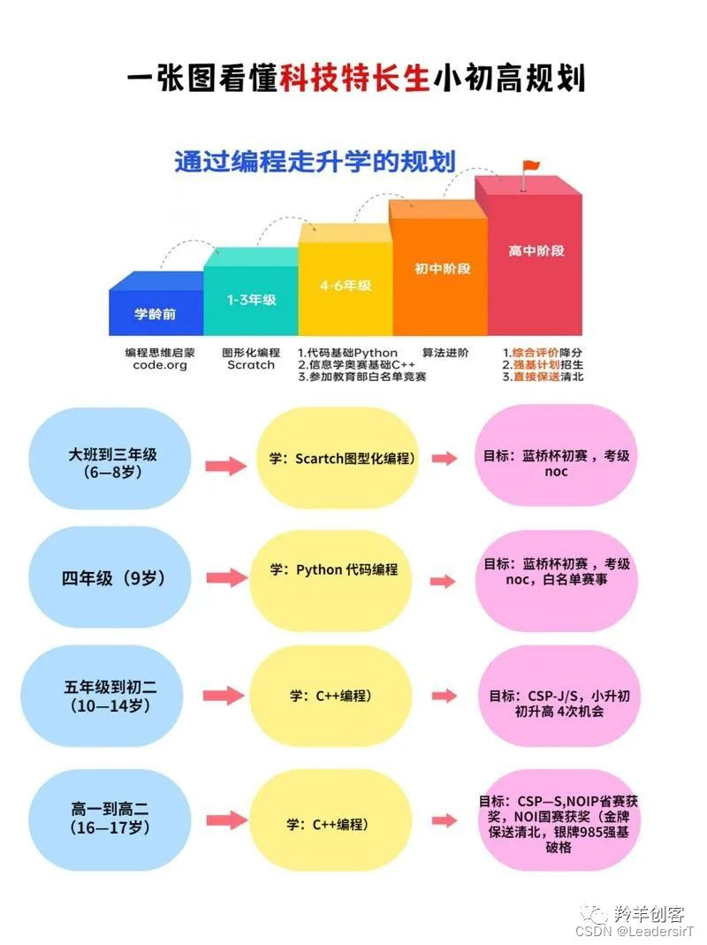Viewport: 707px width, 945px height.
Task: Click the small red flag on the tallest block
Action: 529,166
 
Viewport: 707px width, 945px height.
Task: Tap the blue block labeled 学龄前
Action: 156,313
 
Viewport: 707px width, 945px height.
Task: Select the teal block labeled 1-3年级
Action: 251,299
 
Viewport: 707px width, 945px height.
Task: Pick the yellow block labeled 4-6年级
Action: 345,285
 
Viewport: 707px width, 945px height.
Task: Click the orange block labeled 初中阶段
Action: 439,268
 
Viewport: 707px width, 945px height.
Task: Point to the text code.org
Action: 160,365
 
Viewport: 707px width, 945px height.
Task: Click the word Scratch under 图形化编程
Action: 251,365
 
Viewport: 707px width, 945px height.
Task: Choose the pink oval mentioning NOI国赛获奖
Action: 557,820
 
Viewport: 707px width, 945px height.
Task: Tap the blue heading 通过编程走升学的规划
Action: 315,162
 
